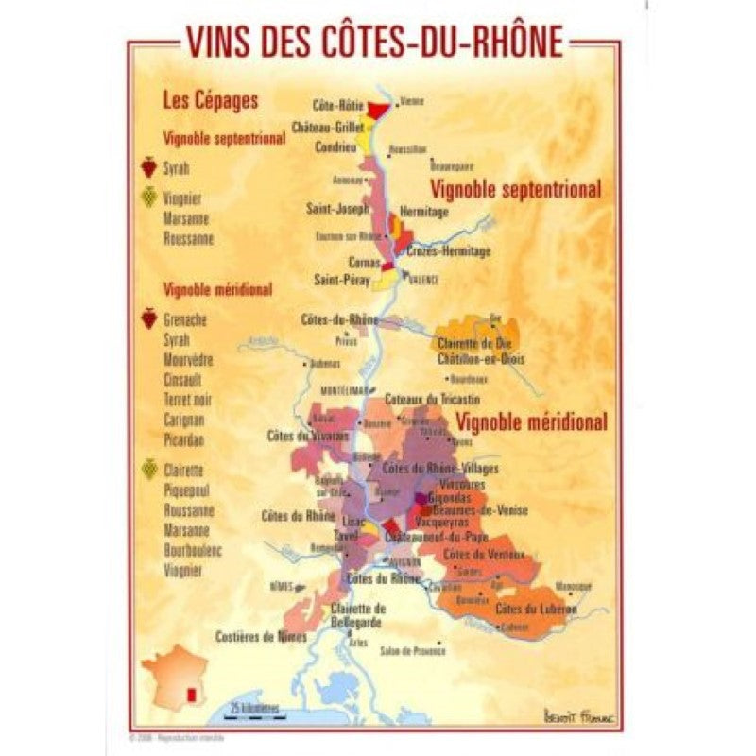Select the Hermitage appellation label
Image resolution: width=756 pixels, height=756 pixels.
pyautogui.click(x=424, y=214)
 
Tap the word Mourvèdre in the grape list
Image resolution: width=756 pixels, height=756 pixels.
pyautogui.click(x=188, y=360)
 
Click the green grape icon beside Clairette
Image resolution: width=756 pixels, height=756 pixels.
pyautogui.click(x=148, y=470)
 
